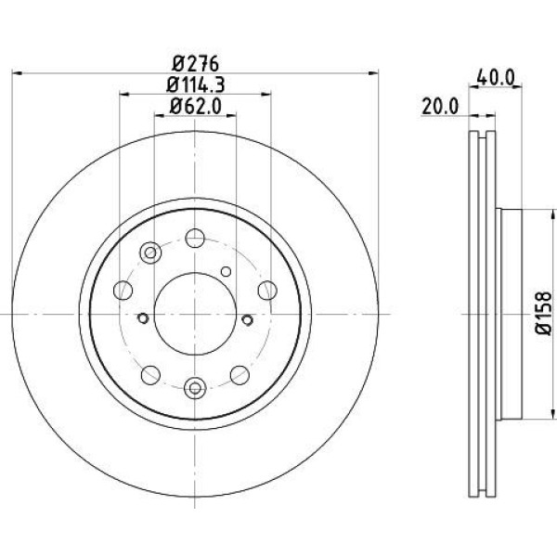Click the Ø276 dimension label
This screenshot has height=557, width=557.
[194, 64]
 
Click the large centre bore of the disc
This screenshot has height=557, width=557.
[194, 312]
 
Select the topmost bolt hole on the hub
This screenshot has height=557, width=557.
[194, 239]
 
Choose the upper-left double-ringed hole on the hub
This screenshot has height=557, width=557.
[150, 252]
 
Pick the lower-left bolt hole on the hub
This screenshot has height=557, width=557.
[149, 374]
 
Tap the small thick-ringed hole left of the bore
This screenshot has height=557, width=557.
[143, 319]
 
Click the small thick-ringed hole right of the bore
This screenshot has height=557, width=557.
[247, 319]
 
